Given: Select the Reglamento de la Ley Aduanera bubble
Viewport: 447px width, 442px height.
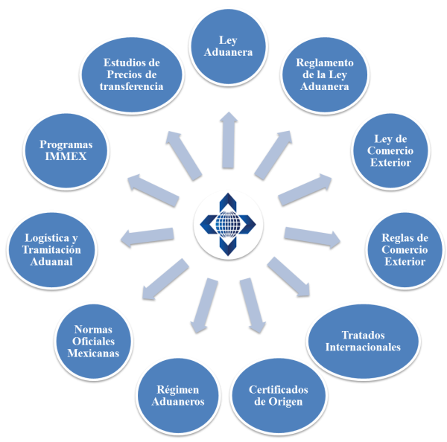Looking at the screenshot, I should point(323,75).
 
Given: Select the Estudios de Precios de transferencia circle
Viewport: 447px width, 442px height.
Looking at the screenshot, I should point(131,74).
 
